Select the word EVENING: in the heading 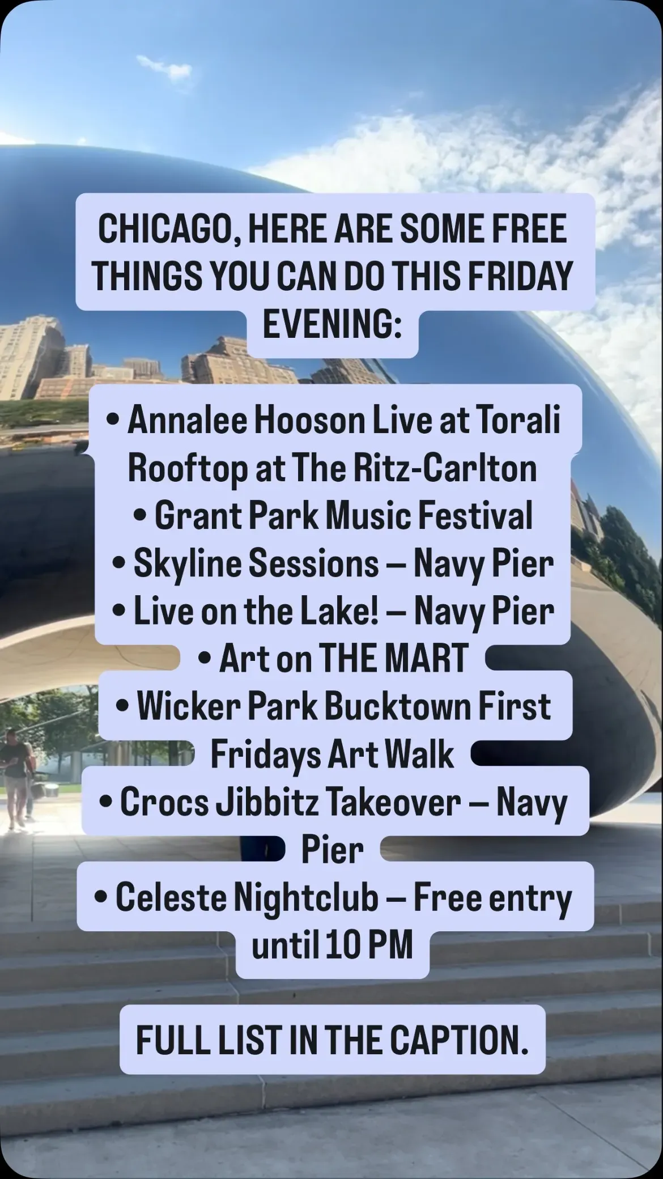[x=332, y=324]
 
